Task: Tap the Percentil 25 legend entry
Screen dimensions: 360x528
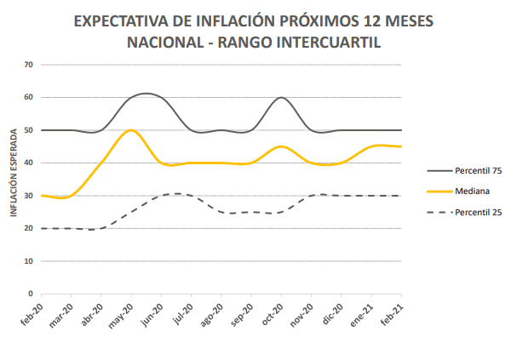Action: (x=476, y=212)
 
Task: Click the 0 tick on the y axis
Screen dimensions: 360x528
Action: (x=31, y=294)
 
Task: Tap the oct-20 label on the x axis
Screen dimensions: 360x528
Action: (x=273, y=312)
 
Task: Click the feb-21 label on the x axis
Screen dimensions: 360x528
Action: (x=392, y=312)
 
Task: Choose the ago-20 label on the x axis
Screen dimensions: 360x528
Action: (x=213, y=312)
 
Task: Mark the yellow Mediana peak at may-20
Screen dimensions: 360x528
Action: (x=131, y=130)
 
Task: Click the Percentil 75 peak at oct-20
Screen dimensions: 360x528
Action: (x=281, y=97)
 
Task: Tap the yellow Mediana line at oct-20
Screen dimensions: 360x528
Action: (x=281, y=146)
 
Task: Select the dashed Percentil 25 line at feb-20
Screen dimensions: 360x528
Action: (x=43, y=228)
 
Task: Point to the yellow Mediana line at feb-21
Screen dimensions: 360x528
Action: (x=400, y=146)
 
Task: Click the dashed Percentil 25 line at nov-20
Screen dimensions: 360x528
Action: (x=311, y=196)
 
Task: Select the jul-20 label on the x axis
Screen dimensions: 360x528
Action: (x=183, y=312)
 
